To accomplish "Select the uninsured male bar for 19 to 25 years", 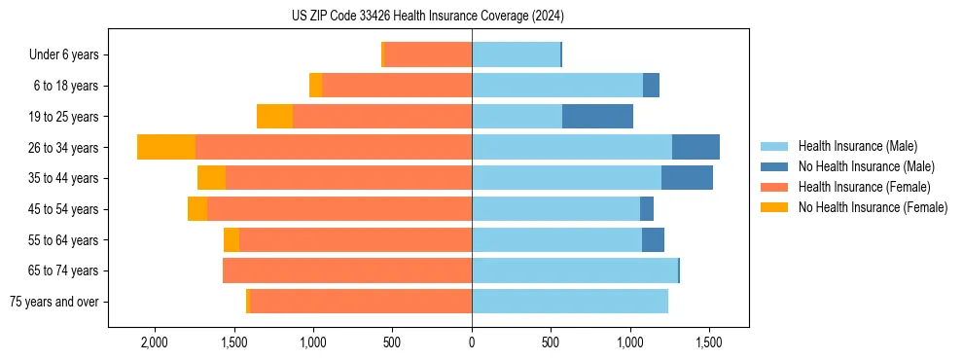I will [597, 117].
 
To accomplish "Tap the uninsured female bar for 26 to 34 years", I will [166, 147].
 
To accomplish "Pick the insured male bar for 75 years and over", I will [570, 302].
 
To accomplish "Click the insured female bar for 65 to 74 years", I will [347, 270].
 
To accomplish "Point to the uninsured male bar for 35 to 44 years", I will [687, 178].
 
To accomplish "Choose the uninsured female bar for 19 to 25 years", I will [274, 117].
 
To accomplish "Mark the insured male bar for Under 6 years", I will [516, 54].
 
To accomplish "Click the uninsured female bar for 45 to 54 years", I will [197, 209].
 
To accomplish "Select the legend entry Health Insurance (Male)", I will [856, 146].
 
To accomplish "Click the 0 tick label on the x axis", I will [472, 342].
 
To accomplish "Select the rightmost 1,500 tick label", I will [708, 342].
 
